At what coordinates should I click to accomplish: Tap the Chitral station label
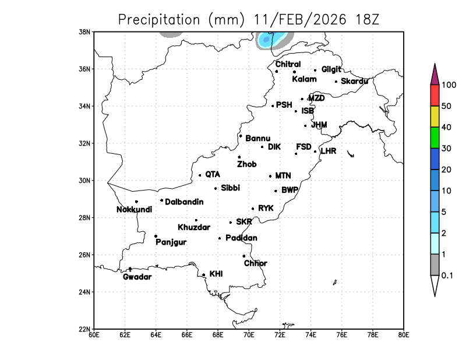coord(288,64)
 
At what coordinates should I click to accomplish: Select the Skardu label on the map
coord(354,81)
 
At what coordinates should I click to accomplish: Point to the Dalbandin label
coord(184,202)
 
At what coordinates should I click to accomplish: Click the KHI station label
coord(216,273)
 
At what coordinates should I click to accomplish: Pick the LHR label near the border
coord(329,151)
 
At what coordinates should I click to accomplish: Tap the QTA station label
coord(213,174)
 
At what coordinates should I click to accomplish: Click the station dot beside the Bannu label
coord(241,136)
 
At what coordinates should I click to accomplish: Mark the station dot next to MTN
coord(270,176)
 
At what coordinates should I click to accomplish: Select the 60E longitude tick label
coord(93,334)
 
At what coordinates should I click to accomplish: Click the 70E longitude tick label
coord(249,334)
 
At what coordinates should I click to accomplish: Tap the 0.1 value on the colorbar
coord(448,275)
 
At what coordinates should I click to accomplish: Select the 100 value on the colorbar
coord(449,85)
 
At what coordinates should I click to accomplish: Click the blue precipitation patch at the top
coord(267,40)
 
